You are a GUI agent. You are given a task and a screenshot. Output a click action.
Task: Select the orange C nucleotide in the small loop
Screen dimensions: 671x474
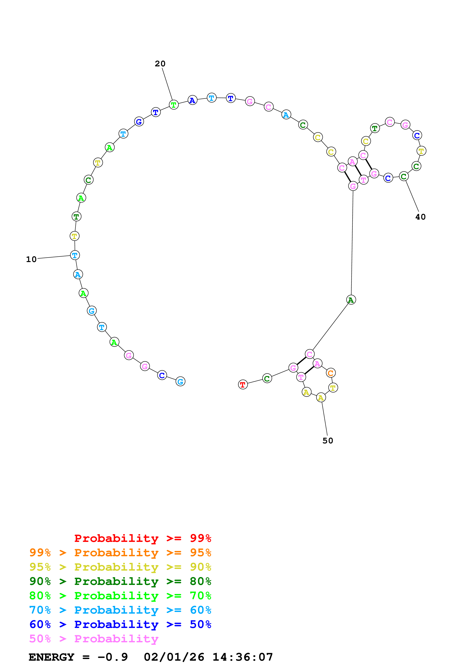click(x=331, y=373)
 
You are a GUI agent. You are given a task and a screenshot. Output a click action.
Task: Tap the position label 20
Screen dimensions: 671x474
click(x=160, y=64)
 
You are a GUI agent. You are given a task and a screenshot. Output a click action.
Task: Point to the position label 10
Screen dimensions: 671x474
click(x=31, y=259)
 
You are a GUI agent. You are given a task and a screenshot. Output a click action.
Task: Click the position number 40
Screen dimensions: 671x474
click(x=420, y=217)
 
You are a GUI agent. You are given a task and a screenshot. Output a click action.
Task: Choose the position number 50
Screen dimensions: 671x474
click(x=328, y=441)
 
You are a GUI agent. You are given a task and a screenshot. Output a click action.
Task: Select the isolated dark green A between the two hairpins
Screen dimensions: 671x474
click(x=351, y=300)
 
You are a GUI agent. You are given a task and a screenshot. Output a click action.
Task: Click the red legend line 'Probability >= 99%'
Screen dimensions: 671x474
click(x=142, y=538)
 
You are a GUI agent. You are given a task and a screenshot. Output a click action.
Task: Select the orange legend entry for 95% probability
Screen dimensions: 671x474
click(x=120, y=553)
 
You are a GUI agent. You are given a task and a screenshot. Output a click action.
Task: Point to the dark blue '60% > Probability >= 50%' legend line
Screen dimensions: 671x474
click(x=120, y=624)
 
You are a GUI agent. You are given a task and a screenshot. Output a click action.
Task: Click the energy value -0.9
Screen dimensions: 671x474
click(x=112, y=657)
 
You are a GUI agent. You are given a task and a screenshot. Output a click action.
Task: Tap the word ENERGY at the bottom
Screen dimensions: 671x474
click(x=51, y=657)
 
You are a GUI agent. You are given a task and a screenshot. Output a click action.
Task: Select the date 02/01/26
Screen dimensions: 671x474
click(x=174, y=657)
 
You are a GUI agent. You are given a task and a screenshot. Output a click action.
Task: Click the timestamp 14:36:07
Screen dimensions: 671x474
click(x=242, y=657)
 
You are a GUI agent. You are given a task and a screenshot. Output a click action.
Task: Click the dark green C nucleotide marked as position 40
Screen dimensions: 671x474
click(x=404, y=176)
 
